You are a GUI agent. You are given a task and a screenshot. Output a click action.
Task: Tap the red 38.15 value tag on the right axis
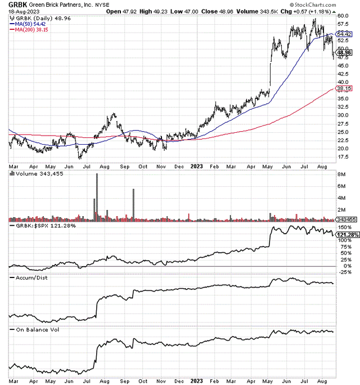[x=344, y=89]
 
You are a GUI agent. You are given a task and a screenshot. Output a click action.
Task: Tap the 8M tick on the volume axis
[x=341, y=175]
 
